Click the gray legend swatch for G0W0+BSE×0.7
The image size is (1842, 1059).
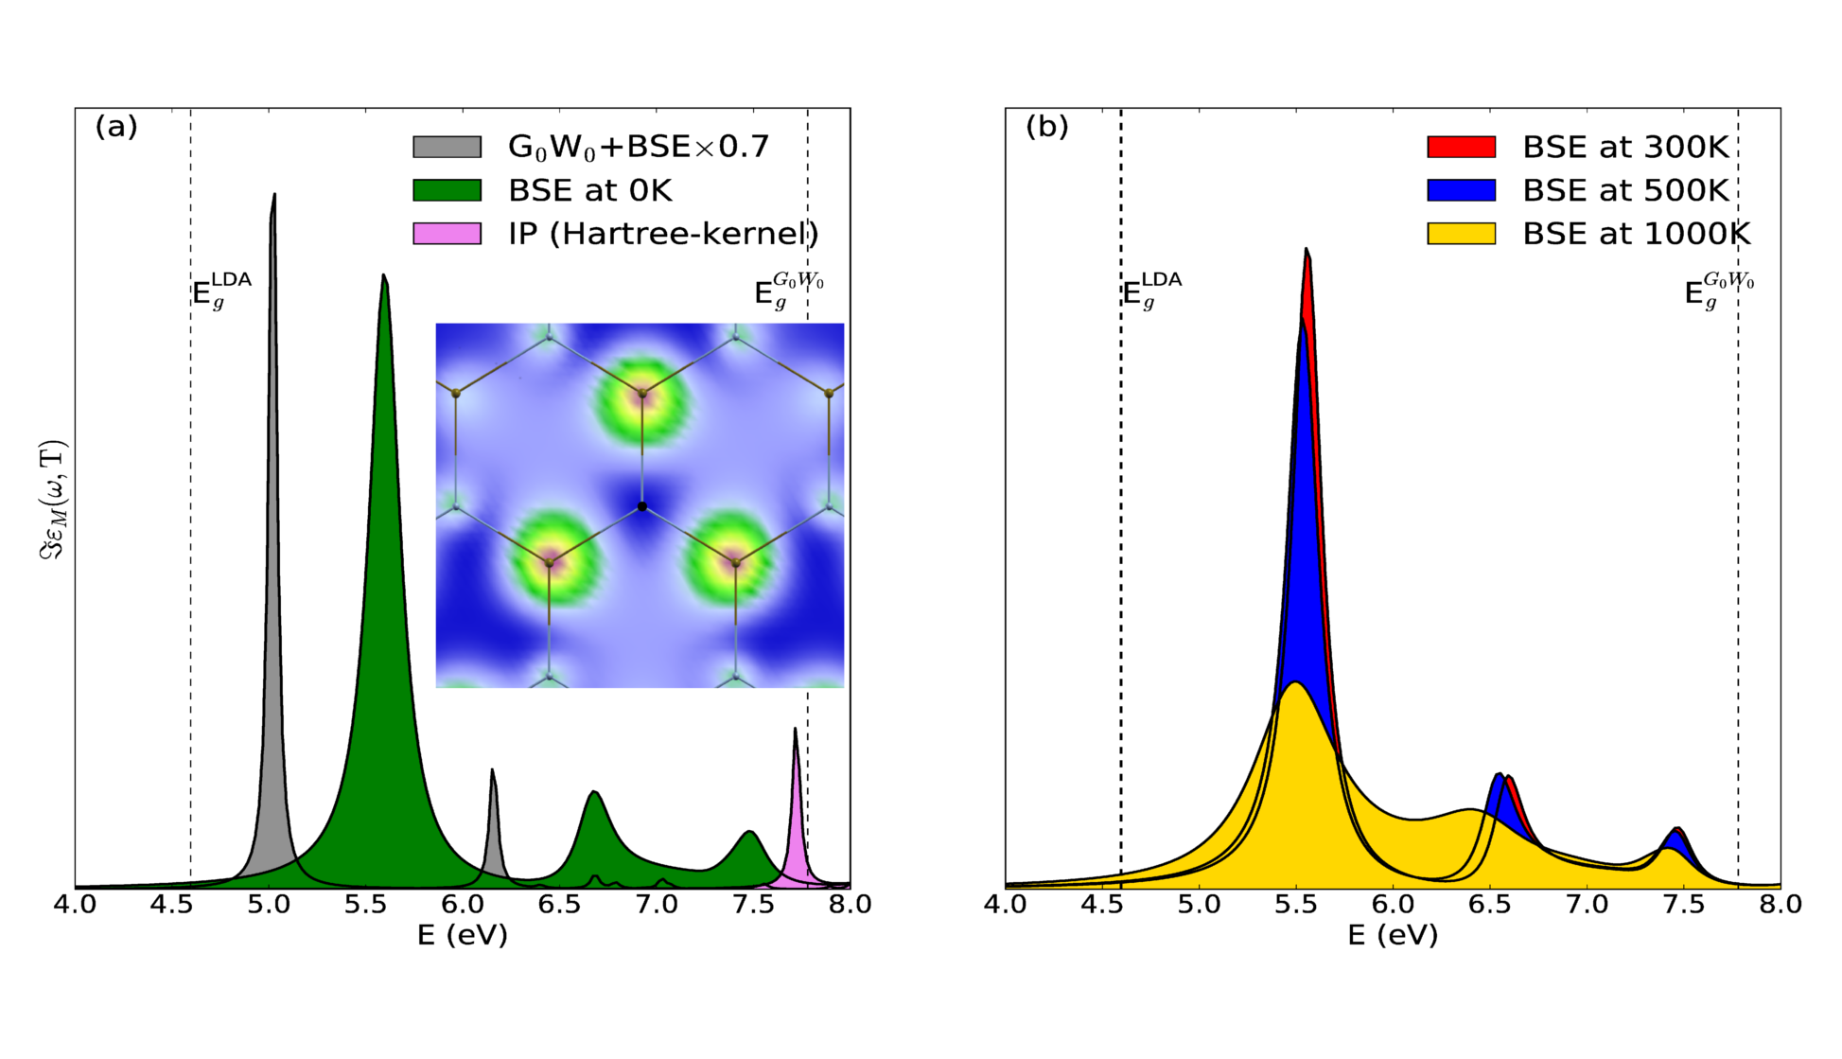click(447, 147)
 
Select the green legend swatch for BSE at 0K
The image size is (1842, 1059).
click(447, 190)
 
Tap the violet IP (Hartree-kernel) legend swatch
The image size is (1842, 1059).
click(447, 233)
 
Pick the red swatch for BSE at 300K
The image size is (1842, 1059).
click(1461, 147)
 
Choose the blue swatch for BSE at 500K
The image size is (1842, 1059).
click(1461, 190)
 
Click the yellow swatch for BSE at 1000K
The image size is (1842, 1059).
click(1461, 233)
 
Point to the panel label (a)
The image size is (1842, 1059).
click(116, 127)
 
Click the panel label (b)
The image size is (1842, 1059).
click(1047, 127)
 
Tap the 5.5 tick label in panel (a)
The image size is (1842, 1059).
click(365, 905)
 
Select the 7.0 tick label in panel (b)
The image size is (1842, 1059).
click(1587, 905)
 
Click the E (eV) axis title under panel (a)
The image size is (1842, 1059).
click(463, 936)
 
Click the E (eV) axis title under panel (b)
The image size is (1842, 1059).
click(1393, 936)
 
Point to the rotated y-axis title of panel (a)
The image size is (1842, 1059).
click(54, 500)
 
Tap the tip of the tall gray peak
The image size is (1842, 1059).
click(274, 195)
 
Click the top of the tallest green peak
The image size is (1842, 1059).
click(383, 275)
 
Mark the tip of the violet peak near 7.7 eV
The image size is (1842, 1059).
click(795, 729)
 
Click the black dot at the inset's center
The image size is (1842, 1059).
click(642, 507)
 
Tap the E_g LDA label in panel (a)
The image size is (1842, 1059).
click(221, 290)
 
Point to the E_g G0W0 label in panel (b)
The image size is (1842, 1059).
click(1718, 290)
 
